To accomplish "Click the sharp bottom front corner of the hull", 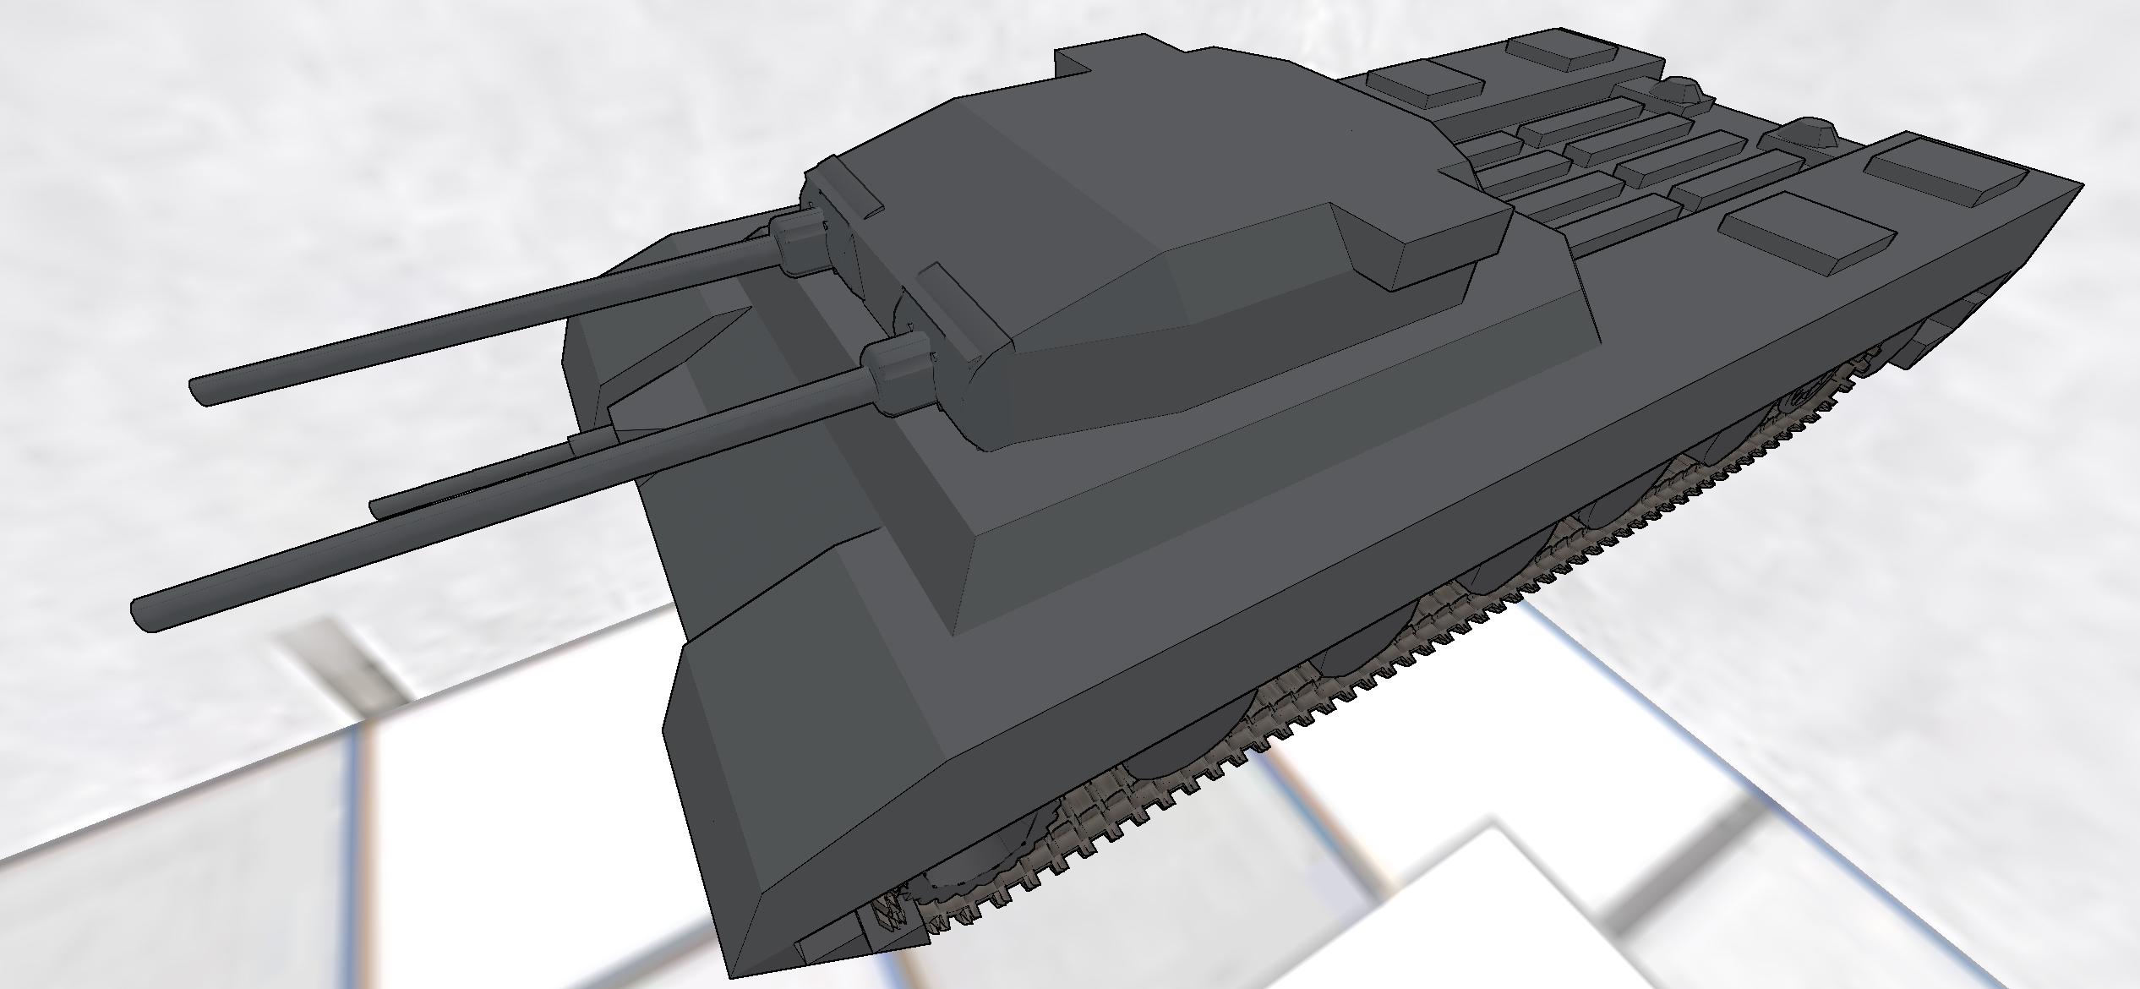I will coord(737,974).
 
